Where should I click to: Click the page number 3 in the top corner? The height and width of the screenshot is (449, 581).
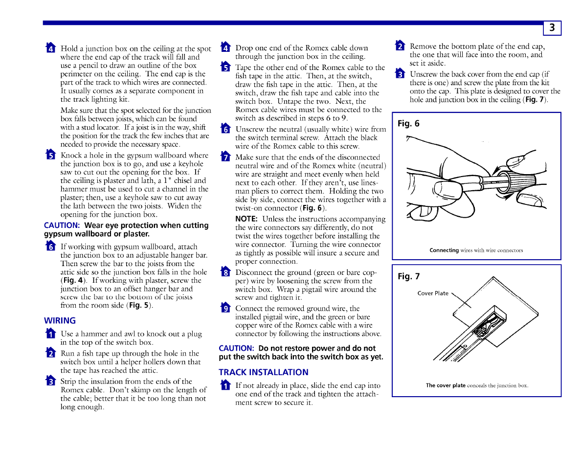click(x=552, y=28)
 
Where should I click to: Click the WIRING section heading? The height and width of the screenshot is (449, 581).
click(x=60, y=321)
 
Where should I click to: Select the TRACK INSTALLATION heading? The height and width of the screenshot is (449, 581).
click(x=264, y=372)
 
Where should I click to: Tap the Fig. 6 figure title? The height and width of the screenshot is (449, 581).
click(x=408, y=124)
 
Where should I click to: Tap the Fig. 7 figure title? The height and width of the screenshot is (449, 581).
click(x=408, y=277)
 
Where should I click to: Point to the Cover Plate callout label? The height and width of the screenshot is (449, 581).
click(x=433, y=293)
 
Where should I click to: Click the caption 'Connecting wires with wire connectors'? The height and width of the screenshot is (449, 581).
click(x=476, y=250)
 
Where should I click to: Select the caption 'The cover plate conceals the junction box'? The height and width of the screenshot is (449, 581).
click(x=477, y=385)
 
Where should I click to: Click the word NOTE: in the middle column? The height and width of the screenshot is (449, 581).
click(x=246, y=219)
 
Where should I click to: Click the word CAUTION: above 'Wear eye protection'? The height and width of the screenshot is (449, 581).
click(x=62, y=225)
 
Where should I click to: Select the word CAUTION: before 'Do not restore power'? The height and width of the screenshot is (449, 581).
click(x=236, y=348)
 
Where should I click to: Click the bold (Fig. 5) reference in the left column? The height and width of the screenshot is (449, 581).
click(x=139, y=306)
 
